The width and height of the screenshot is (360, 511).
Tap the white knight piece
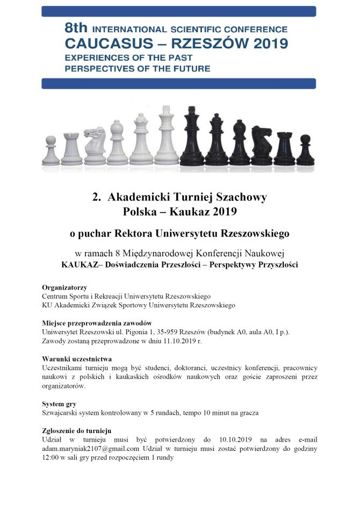95,146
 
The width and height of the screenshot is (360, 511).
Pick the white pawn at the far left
51,152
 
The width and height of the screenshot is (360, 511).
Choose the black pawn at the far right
305,152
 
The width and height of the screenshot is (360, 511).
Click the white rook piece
71,149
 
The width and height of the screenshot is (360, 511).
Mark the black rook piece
284,149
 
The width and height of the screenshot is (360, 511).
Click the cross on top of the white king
167,110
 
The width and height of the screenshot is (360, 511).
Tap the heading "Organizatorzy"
64,287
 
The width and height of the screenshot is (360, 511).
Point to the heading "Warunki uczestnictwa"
77,358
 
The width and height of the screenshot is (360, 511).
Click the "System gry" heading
60,404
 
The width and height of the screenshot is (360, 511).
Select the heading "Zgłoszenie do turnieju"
76,431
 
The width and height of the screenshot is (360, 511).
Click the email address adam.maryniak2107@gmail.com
91,449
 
